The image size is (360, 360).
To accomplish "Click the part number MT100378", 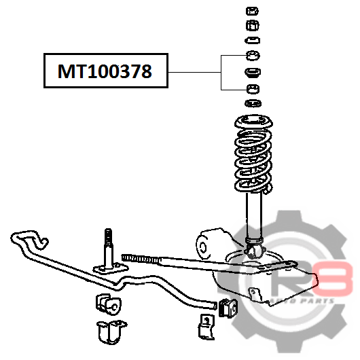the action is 105,71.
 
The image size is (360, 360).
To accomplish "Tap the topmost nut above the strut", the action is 252,11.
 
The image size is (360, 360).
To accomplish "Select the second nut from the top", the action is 252,25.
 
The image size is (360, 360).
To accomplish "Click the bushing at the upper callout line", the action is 253,56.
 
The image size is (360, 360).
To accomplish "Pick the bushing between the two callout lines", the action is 253,72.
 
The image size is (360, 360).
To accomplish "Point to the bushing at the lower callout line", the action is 253,89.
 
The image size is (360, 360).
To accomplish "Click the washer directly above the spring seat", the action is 253,103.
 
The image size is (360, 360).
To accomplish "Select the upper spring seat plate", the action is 253,122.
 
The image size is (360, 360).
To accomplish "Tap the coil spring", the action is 253,162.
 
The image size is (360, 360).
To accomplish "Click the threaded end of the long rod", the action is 141,259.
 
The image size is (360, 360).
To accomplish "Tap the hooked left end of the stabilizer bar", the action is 30,240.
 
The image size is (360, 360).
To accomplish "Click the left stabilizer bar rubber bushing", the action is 109,304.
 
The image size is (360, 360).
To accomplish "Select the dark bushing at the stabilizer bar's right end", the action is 228,308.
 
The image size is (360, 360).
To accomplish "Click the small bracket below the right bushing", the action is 206,327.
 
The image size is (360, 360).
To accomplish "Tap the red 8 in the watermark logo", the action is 333,278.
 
